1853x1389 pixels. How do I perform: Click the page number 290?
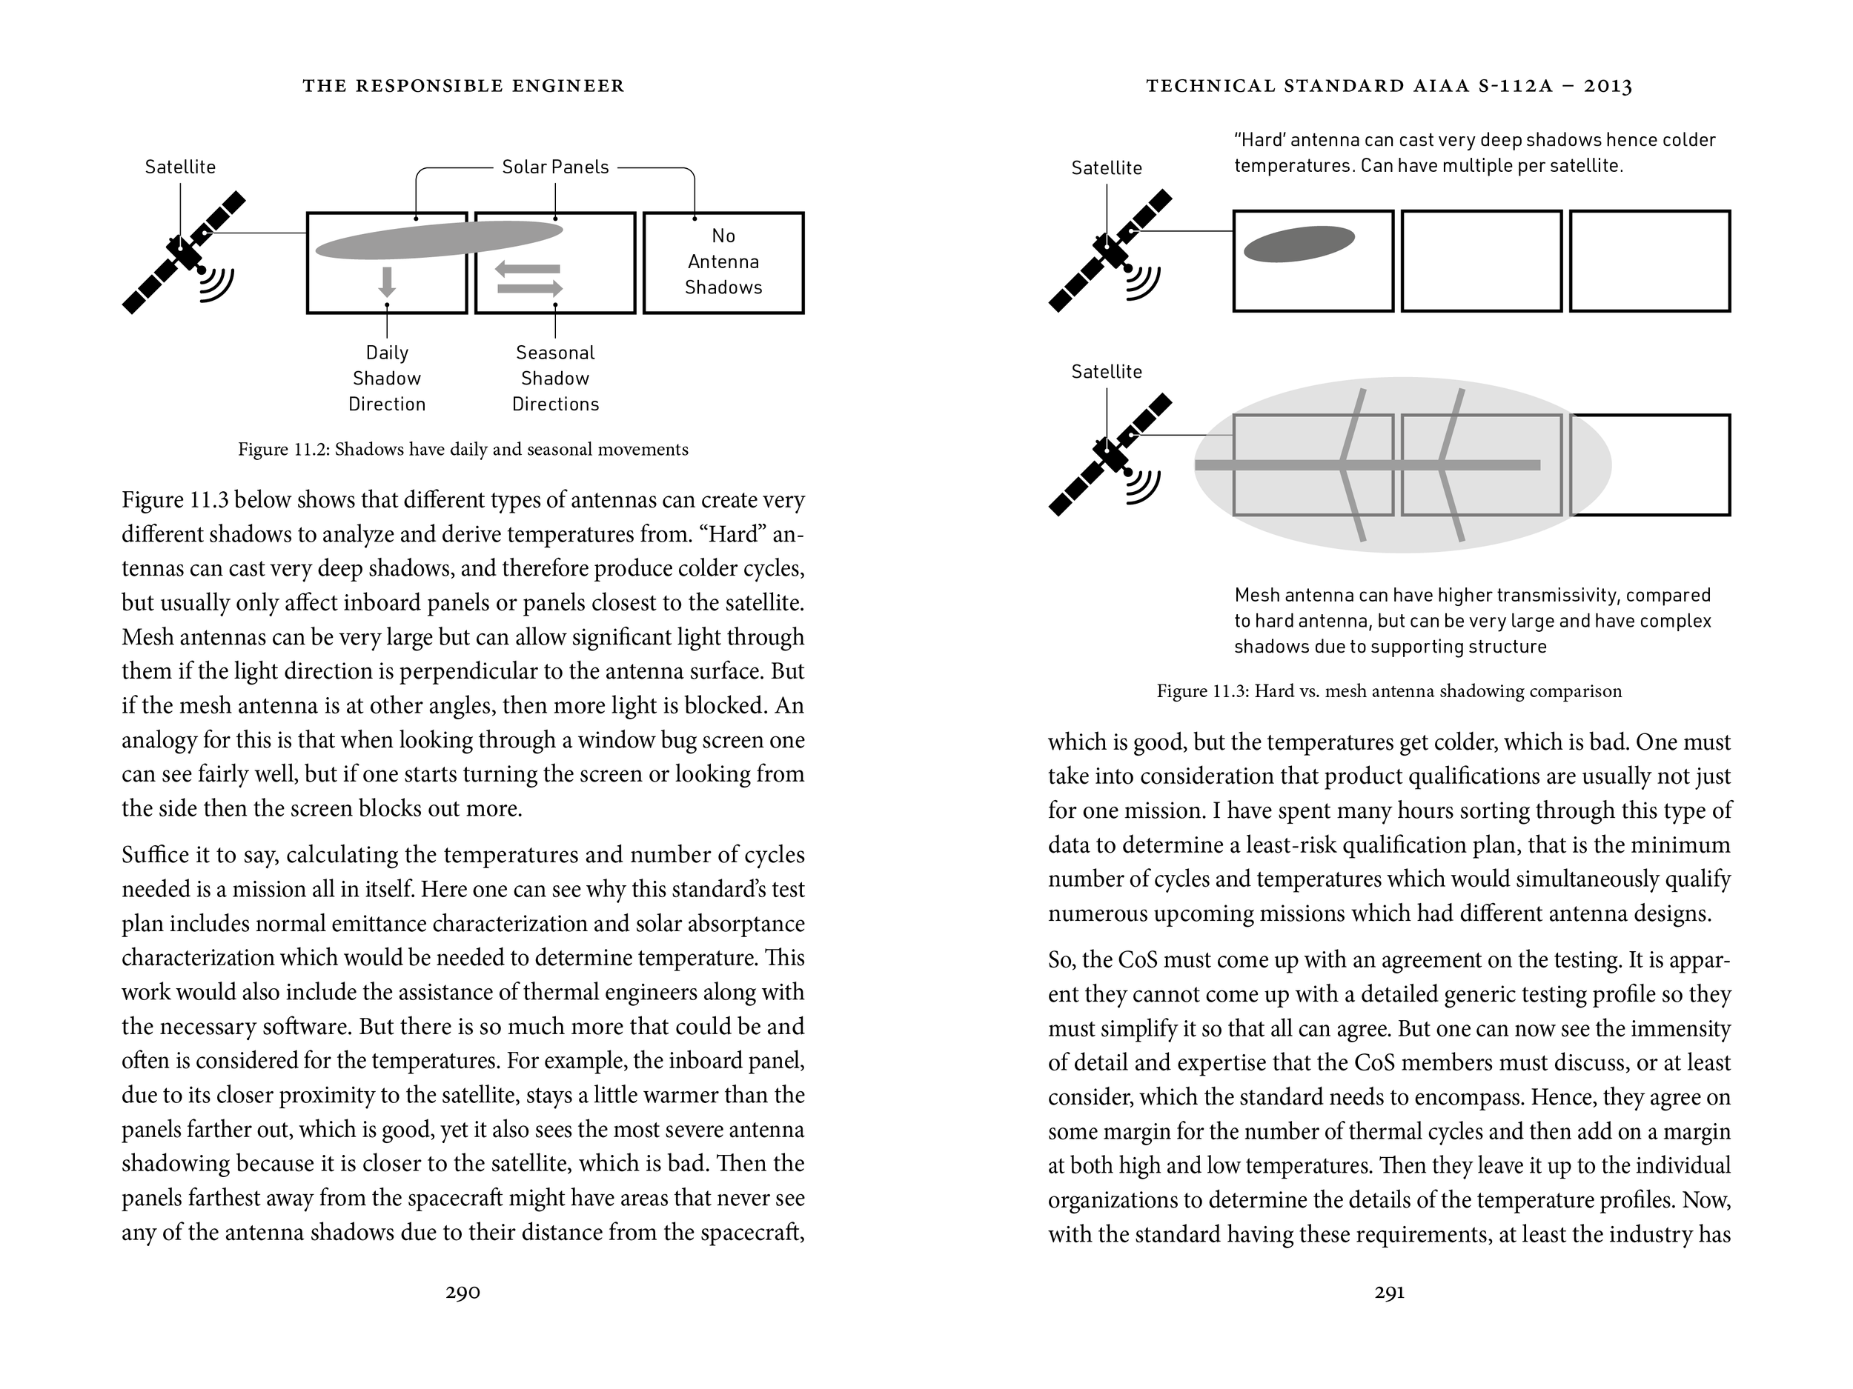tap(463, 1293)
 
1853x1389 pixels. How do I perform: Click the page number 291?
tap(1389, 1293)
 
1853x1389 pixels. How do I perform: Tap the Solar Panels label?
tap(554, 167)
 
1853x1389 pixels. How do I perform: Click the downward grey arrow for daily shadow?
tap(386, 282)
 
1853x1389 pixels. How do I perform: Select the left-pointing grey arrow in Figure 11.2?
tap(527, 269)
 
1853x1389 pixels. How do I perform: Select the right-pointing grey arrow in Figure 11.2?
tap(530, 289)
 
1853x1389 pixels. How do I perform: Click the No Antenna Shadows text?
tap(723, 262)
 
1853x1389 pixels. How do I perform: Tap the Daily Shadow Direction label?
tap(386, 379)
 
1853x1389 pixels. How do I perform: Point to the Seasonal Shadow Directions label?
tap(555, 379)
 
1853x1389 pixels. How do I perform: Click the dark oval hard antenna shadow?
tap(1299, 244)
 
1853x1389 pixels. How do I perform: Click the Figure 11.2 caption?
tap(463, 450)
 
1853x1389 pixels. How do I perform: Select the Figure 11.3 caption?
tap(1389, 692)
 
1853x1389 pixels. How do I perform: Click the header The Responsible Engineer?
tap(463, 86)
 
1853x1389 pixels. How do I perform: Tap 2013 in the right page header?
tap(1608, 86)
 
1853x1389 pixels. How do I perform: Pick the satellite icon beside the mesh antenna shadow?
tap(1111, 455)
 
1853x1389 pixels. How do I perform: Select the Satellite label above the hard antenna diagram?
tap(1106, 168)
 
